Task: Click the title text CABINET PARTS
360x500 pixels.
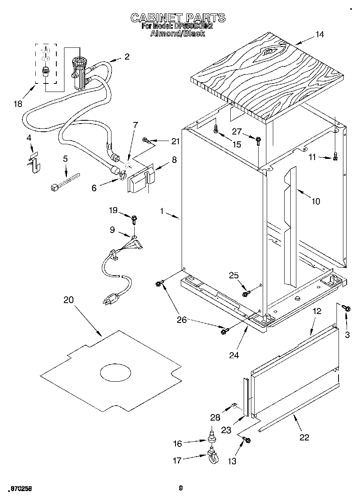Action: tap(178, 18)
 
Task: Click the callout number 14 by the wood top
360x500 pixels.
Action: tap(319, 34)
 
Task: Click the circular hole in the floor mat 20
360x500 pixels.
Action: tap(116, 372)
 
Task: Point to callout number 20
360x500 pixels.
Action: tap(69, 300)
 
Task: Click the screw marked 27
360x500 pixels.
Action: tap(258, 140)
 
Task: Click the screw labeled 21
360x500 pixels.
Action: tap(147, 141)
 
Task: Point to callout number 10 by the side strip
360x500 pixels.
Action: tap(315, 201)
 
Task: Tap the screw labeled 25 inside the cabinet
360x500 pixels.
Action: tap(245, 293)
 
